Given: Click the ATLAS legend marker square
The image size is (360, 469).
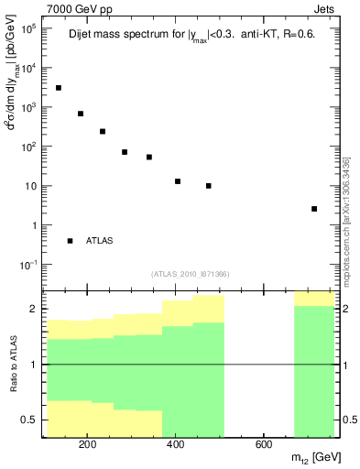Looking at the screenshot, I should point(70,241).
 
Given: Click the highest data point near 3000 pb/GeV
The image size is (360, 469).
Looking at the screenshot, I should point(59,88).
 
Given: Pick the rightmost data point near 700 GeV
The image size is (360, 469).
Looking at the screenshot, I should point(314,209).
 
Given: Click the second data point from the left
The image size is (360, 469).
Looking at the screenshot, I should point(81,114).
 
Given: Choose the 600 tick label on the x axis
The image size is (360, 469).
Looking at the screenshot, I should point(262,446).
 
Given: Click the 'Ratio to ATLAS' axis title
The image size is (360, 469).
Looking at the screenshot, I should point(13,364).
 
